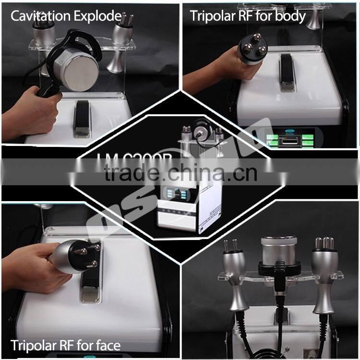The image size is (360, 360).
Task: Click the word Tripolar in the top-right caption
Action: click(x=214, y=16)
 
